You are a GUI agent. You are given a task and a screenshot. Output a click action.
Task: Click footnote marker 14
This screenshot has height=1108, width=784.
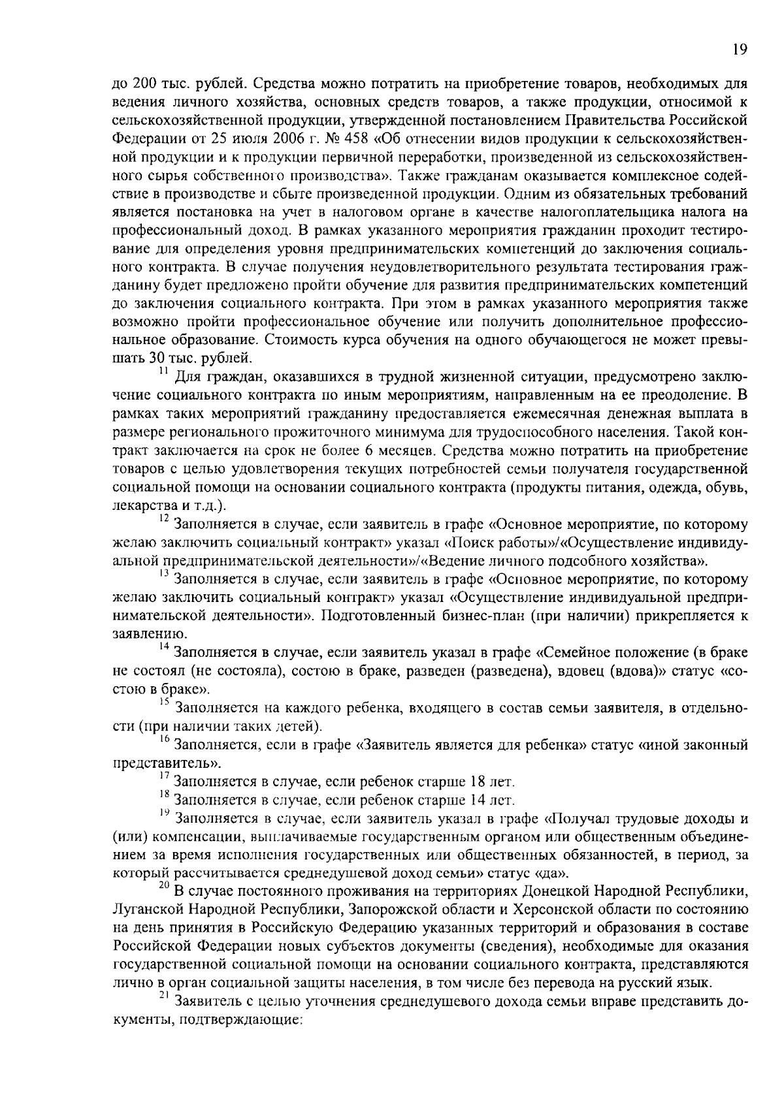click(x=164, y=647)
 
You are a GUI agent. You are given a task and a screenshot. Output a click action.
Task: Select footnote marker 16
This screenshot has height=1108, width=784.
click(x=164, y=740)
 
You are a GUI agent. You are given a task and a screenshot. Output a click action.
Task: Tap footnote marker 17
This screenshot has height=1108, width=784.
click(x=164, y=776)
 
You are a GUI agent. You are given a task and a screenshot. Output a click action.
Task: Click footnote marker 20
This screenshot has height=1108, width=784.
click(x=164, y=886)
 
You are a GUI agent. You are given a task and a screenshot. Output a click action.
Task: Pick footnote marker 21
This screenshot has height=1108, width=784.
click(x=164, y=996)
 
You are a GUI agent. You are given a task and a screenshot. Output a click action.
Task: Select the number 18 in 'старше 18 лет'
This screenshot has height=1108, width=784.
click(x=477, y=782)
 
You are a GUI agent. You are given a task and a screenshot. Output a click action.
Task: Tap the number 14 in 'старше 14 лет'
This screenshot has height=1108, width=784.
click(x=477, y=800)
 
